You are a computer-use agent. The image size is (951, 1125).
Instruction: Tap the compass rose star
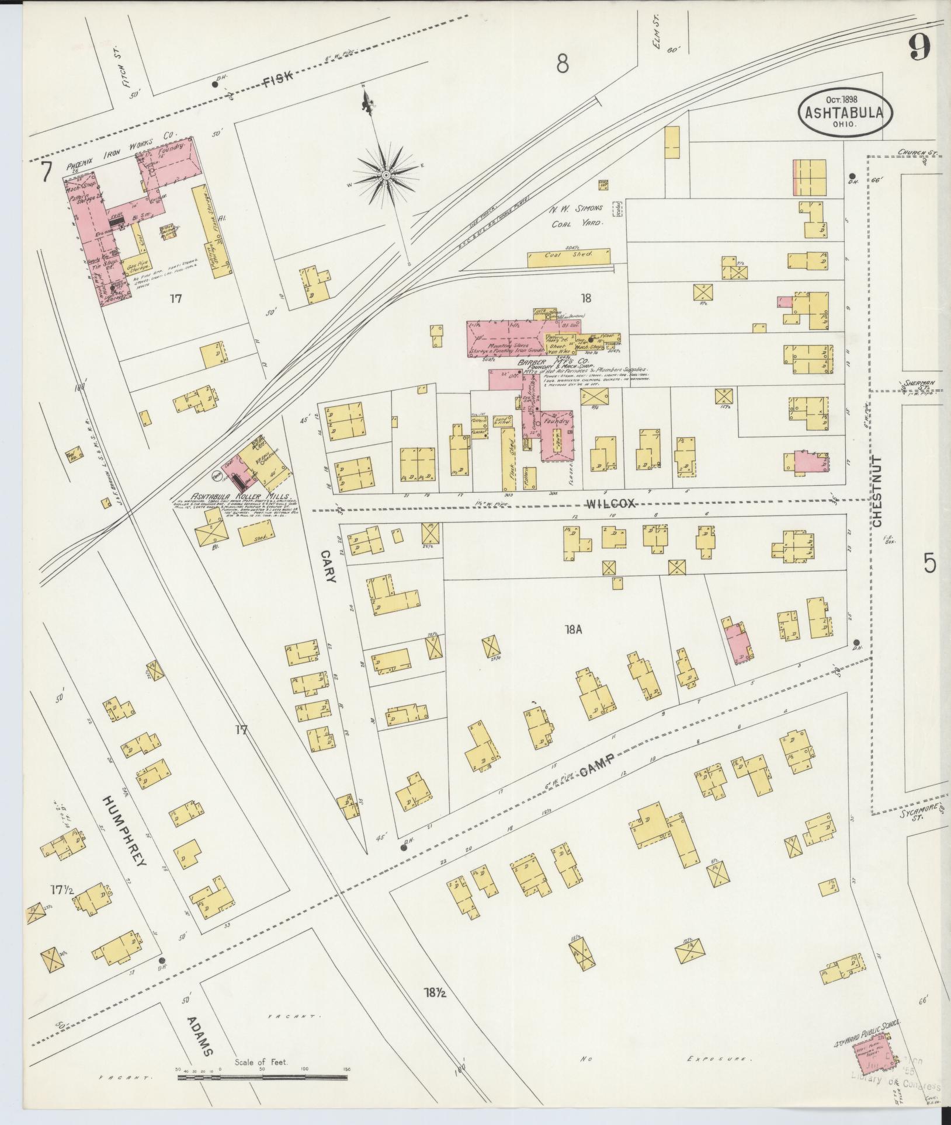pos(386,175)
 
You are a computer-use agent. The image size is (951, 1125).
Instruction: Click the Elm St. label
pos(660,42)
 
